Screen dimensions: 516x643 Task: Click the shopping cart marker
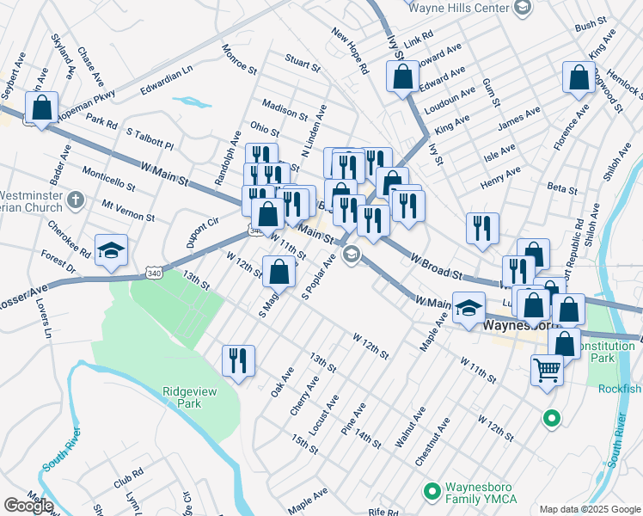547,372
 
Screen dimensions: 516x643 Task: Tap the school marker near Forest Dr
111,250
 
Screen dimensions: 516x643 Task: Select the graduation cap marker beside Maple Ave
468,309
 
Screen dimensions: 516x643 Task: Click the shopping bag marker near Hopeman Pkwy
41,108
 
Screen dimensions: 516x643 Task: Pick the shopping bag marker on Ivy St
402,77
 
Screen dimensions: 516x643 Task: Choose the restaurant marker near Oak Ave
238,360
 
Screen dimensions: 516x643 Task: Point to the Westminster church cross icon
75,200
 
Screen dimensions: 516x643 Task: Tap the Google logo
28,506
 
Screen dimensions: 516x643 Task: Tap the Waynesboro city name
521,326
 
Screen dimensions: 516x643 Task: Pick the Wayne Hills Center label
459,8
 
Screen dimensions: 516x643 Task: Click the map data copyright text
590,509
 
